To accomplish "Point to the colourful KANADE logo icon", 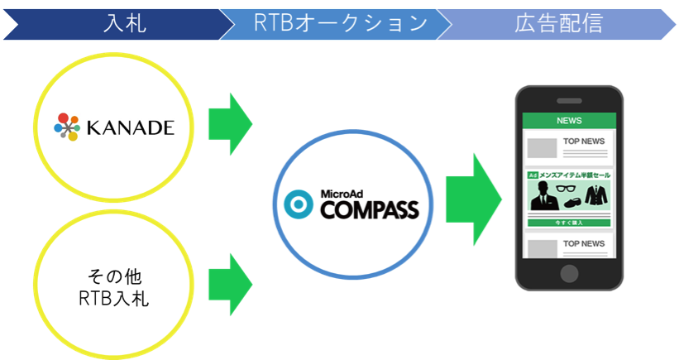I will [66, 127].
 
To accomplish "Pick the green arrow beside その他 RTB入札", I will [228, 284].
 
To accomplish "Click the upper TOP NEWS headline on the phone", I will [585, 141].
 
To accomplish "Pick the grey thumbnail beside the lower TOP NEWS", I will [542, 247].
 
